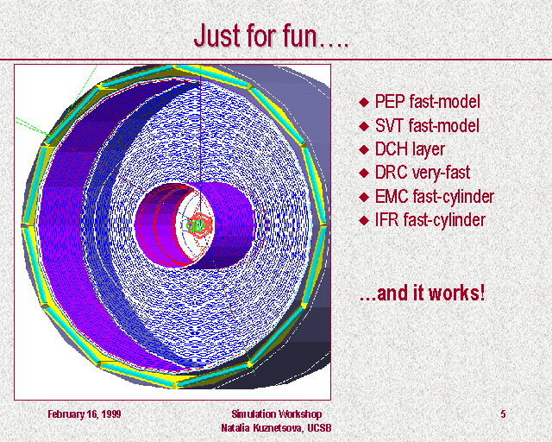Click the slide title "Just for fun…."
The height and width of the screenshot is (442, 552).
tap(271, 35)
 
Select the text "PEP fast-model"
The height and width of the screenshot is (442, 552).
tap(428, 102)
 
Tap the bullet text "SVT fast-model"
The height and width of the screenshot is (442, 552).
tap(427, 125)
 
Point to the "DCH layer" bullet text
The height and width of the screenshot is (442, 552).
tap(410, 149)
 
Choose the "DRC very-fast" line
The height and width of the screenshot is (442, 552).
tap(423, 173)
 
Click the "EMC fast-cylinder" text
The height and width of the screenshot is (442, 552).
tap(435, 197)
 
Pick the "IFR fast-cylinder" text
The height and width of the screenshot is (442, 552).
tap(430, 220)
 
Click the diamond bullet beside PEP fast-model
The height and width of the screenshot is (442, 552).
tap(364, 103)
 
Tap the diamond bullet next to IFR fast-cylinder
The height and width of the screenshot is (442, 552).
tap(364, 221)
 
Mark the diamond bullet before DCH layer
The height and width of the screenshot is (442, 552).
tap(364, 150)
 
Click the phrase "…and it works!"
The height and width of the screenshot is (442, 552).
tap(422, 294)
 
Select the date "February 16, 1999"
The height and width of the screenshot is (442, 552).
tap(85, 414)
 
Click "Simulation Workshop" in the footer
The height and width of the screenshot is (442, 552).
tap(276, 414)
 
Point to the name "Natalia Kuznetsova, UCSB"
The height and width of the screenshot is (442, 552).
tap(276, 428)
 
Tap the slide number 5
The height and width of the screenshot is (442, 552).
tap(503, 414)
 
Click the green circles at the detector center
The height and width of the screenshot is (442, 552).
tap(196, 225)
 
